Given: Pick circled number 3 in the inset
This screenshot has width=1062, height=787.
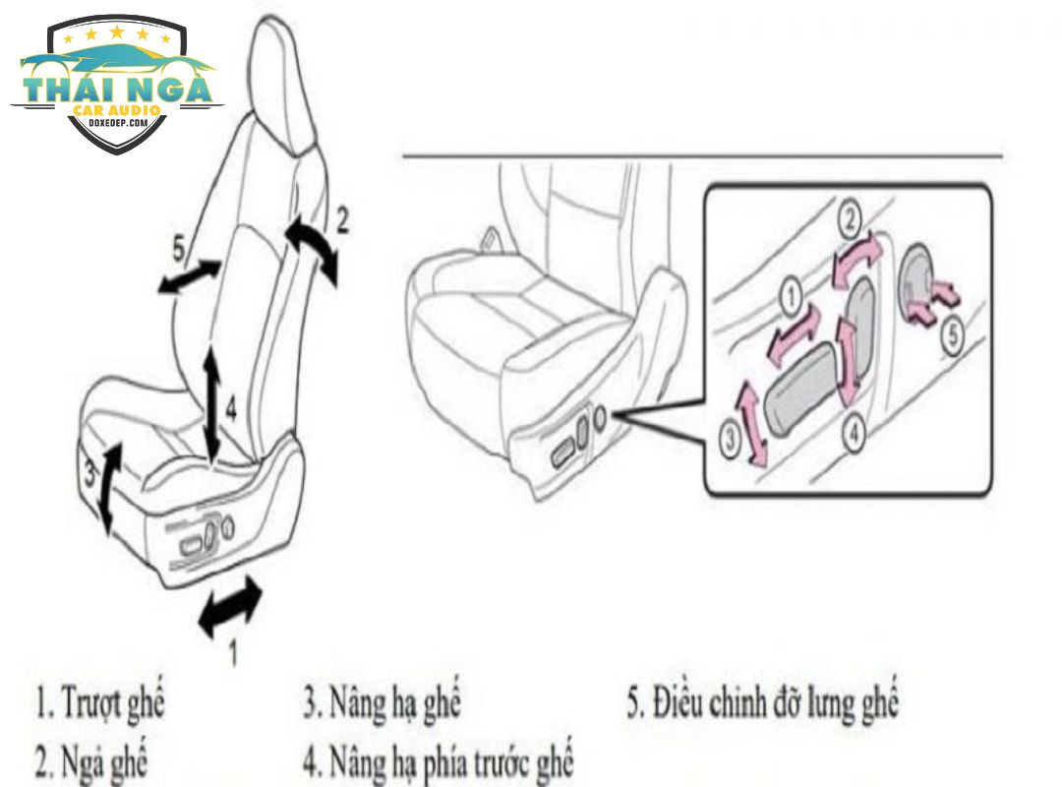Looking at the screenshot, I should [729, 440].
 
